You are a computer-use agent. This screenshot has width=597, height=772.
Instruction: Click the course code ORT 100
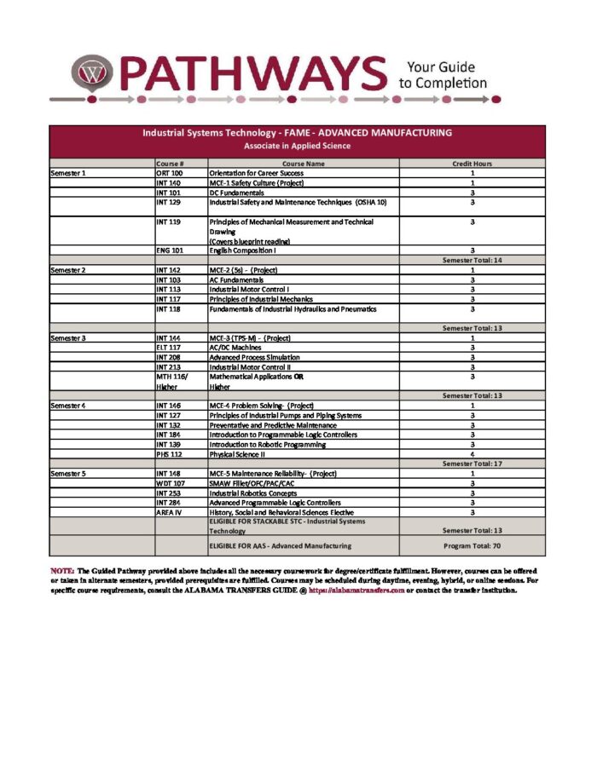169,174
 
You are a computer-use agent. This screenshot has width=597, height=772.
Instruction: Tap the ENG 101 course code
170,251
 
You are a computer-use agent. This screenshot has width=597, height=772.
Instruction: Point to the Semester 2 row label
68,270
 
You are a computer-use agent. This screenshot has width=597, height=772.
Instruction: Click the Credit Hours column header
472,164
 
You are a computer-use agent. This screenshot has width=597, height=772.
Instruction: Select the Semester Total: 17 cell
472,463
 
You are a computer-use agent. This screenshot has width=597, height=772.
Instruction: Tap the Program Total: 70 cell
472,545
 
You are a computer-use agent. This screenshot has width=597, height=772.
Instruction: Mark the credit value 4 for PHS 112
472,454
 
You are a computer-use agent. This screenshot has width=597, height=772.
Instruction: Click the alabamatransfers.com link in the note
356,590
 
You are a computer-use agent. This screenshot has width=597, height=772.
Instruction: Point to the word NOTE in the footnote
62,569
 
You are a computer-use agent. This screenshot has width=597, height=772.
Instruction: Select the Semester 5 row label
68,473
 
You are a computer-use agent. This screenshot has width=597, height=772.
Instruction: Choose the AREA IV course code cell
168,512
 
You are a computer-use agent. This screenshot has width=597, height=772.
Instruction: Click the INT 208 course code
169,357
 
